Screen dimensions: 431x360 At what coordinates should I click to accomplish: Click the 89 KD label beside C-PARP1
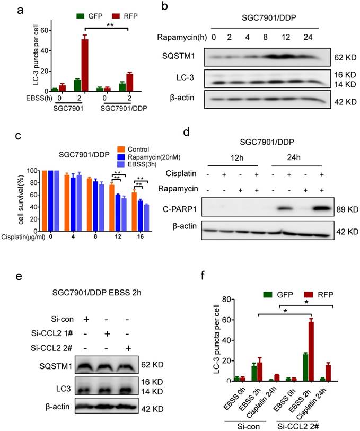(343, 209)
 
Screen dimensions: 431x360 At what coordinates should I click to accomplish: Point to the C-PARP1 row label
(192, 210)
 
